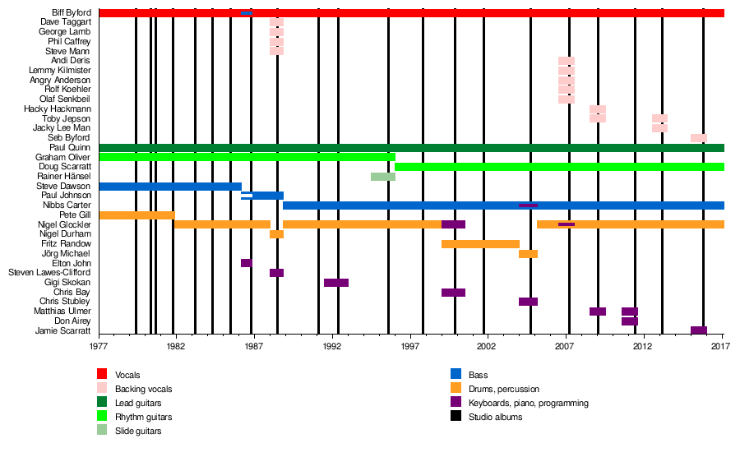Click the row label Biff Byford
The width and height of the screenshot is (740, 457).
(x=72, y=12)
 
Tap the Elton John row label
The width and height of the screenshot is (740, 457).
(x=72, y=263)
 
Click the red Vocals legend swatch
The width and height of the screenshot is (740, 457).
(x=102, y=375)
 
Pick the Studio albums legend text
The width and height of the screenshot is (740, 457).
(x=497, y=417)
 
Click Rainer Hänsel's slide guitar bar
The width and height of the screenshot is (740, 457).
(x=382, y=177)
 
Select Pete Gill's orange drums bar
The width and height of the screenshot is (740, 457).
(x=136, y=215)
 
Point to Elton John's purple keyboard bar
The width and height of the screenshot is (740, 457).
(x=246, y=263)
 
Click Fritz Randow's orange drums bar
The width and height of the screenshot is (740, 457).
(x=480, y=244)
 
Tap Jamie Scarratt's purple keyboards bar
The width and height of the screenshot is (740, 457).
(x=698, y=330)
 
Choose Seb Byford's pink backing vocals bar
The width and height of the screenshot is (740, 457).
(x=698, y=138)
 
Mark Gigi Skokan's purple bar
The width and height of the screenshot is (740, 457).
(x=335, y=283)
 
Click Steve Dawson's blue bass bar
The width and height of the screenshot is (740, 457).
(x=169, y=187)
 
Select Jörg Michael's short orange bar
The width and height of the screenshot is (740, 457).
(x=528, y=254)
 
